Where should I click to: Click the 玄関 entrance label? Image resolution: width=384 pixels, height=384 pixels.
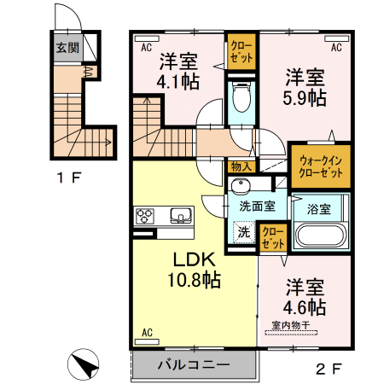click(67, 49)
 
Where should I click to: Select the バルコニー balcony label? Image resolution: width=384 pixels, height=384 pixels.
click(193, 364)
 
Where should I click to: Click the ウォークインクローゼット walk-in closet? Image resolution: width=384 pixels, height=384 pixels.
click(320, 166)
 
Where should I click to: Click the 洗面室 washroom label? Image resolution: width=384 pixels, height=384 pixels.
click(256, 206)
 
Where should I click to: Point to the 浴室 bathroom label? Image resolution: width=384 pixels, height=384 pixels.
click(319, 205)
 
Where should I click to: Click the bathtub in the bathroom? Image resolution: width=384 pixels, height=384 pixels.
click(319, 236)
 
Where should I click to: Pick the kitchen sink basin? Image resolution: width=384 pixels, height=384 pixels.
click(180, 214)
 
